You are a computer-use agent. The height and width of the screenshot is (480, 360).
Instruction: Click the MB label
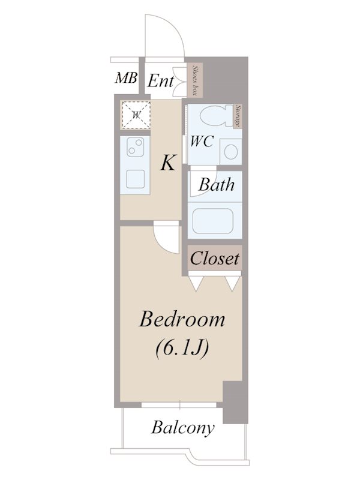pos(126,78)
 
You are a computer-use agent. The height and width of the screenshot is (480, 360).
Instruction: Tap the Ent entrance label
pos(161,81)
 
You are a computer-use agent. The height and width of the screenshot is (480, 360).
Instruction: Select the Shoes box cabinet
pos(194,80)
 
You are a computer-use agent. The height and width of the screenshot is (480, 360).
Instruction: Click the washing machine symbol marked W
pos(136,115)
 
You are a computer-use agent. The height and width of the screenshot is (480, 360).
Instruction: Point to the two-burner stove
pos(136,146)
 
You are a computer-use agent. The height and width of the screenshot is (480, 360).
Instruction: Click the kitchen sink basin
pos(136,179)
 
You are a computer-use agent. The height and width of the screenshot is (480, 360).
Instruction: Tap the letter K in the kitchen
pos(168,163)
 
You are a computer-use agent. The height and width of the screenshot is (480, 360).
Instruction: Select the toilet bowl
pos(216,116)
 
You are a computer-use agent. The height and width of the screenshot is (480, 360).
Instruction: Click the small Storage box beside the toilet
pos(238,116)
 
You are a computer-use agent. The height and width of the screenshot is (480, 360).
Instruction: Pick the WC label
pos(202,141)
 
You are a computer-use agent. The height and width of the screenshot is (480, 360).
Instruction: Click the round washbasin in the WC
pos(230,152)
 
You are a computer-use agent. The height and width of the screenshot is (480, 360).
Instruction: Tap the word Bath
pos(217,185)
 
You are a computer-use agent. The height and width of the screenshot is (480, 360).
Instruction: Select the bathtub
pos(213,221)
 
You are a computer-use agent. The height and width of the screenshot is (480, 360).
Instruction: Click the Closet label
pos(215,259)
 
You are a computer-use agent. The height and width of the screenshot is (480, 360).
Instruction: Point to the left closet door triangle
pos(196,283)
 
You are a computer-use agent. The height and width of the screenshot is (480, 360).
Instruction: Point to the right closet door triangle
pos(233,283)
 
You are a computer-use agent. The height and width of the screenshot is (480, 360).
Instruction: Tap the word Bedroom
pos(182,320)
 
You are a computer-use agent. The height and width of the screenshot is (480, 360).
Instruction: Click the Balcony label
pos(183,428)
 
